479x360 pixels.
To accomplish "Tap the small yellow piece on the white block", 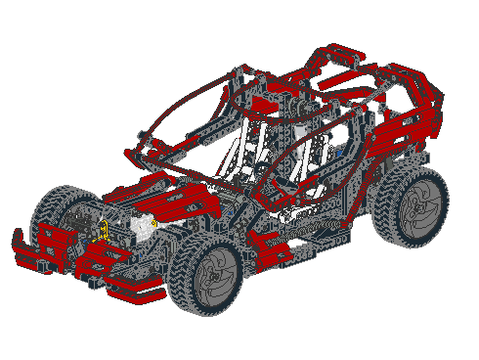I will [x=153, y=224].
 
